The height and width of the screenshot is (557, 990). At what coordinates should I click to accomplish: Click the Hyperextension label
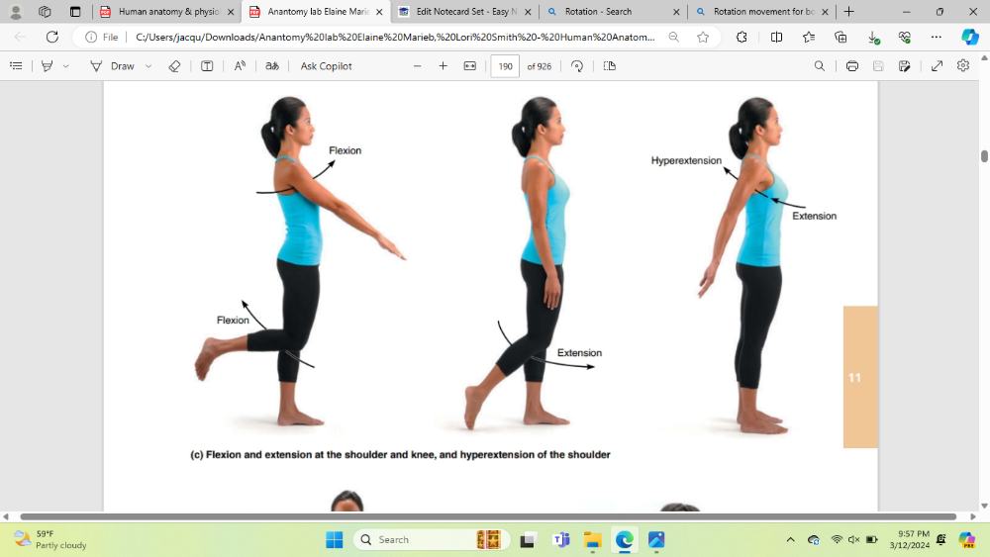tap(686, 161)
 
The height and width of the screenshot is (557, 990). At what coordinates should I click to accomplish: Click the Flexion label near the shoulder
tap(345, 150)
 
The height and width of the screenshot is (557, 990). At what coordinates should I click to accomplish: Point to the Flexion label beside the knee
tap(233, 321)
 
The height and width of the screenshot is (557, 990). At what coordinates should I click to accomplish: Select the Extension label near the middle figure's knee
tap(579, 353)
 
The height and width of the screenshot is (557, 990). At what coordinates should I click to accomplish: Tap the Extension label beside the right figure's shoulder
tap(814, 217)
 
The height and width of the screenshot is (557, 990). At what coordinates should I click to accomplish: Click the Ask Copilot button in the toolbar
tap(326, 66)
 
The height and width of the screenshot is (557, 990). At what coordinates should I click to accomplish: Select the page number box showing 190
tap(505, 66)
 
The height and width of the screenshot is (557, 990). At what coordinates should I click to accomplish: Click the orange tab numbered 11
tap(860, 377)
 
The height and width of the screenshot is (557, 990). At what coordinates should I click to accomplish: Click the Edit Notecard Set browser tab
tap(464, 11)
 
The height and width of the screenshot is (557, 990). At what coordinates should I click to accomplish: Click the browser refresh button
tap(52, 38)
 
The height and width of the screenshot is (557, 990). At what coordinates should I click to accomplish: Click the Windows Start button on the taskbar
tap(334, 540)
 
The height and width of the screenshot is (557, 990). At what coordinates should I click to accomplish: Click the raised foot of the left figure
tap(207, 358)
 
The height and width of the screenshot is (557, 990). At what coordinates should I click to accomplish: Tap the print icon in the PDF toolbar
tap(851, 66)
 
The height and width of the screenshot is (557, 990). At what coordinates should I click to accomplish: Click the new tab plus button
tap(849, 11)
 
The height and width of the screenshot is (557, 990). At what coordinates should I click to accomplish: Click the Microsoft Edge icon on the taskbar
tap(625, 540)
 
